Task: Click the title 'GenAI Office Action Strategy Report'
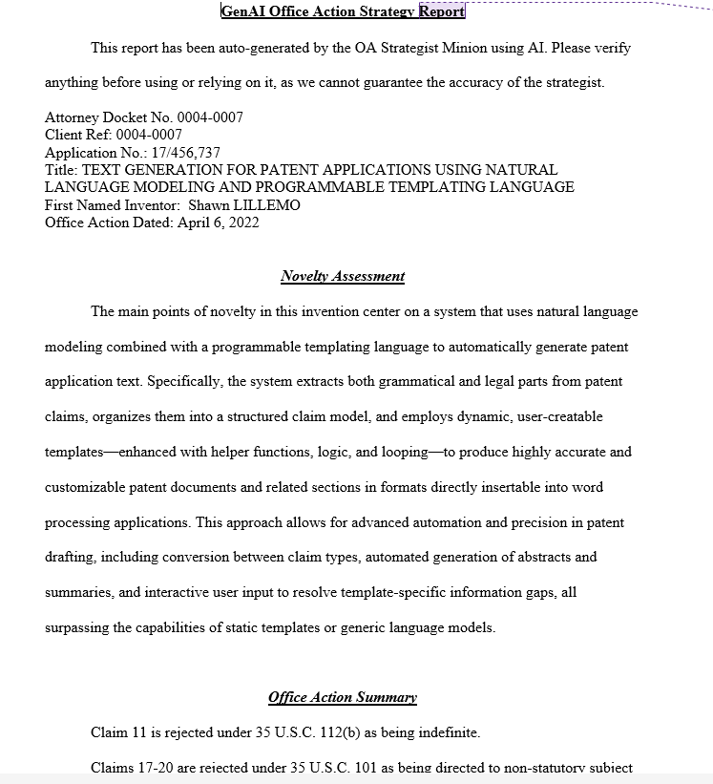point(343,11)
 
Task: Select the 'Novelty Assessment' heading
point(343,276)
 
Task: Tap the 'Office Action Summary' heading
point(343,697)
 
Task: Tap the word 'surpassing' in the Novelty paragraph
point(78,627)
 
